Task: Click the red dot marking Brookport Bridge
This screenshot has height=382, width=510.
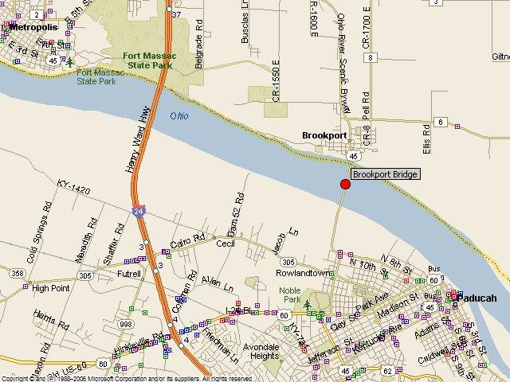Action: tap(345, 184)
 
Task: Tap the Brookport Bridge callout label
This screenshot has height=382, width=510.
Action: tap(385, 174)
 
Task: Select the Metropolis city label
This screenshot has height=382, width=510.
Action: tap(33, 26)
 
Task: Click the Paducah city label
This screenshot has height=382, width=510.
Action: tap(478, 298)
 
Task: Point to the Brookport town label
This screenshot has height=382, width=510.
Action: tap(324, 135)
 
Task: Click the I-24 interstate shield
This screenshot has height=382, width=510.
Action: tap(139, 211)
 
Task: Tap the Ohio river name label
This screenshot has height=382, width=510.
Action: tap(181, 116)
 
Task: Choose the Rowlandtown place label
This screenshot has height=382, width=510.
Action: tap(303, 273)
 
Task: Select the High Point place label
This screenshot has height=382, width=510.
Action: tap(52, 288)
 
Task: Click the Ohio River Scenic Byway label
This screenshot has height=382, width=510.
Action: tap(342, 64)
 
